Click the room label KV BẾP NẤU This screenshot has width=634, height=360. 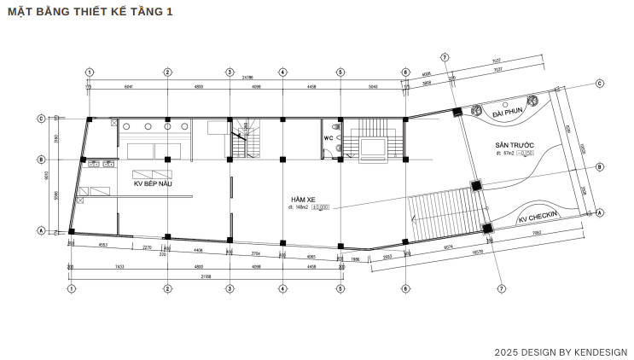click(151, 183)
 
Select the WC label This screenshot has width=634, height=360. click(328, 138)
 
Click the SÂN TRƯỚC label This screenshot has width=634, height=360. click(514, 146)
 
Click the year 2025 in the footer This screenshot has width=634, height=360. click(507, 351)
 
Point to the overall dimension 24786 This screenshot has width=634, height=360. click(247, 78)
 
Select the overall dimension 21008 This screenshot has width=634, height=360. click(206, 277)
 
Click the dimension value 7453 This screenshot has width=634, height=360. click(119, 267)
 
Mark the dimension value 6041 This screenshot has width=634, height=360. click(129, 86)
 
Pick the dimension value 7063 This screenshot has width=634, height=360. click(537, 231)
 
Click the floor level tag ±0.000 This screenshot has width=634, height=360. click(321, 206)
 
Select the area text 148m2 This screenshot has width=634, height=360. click(300, 206)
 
